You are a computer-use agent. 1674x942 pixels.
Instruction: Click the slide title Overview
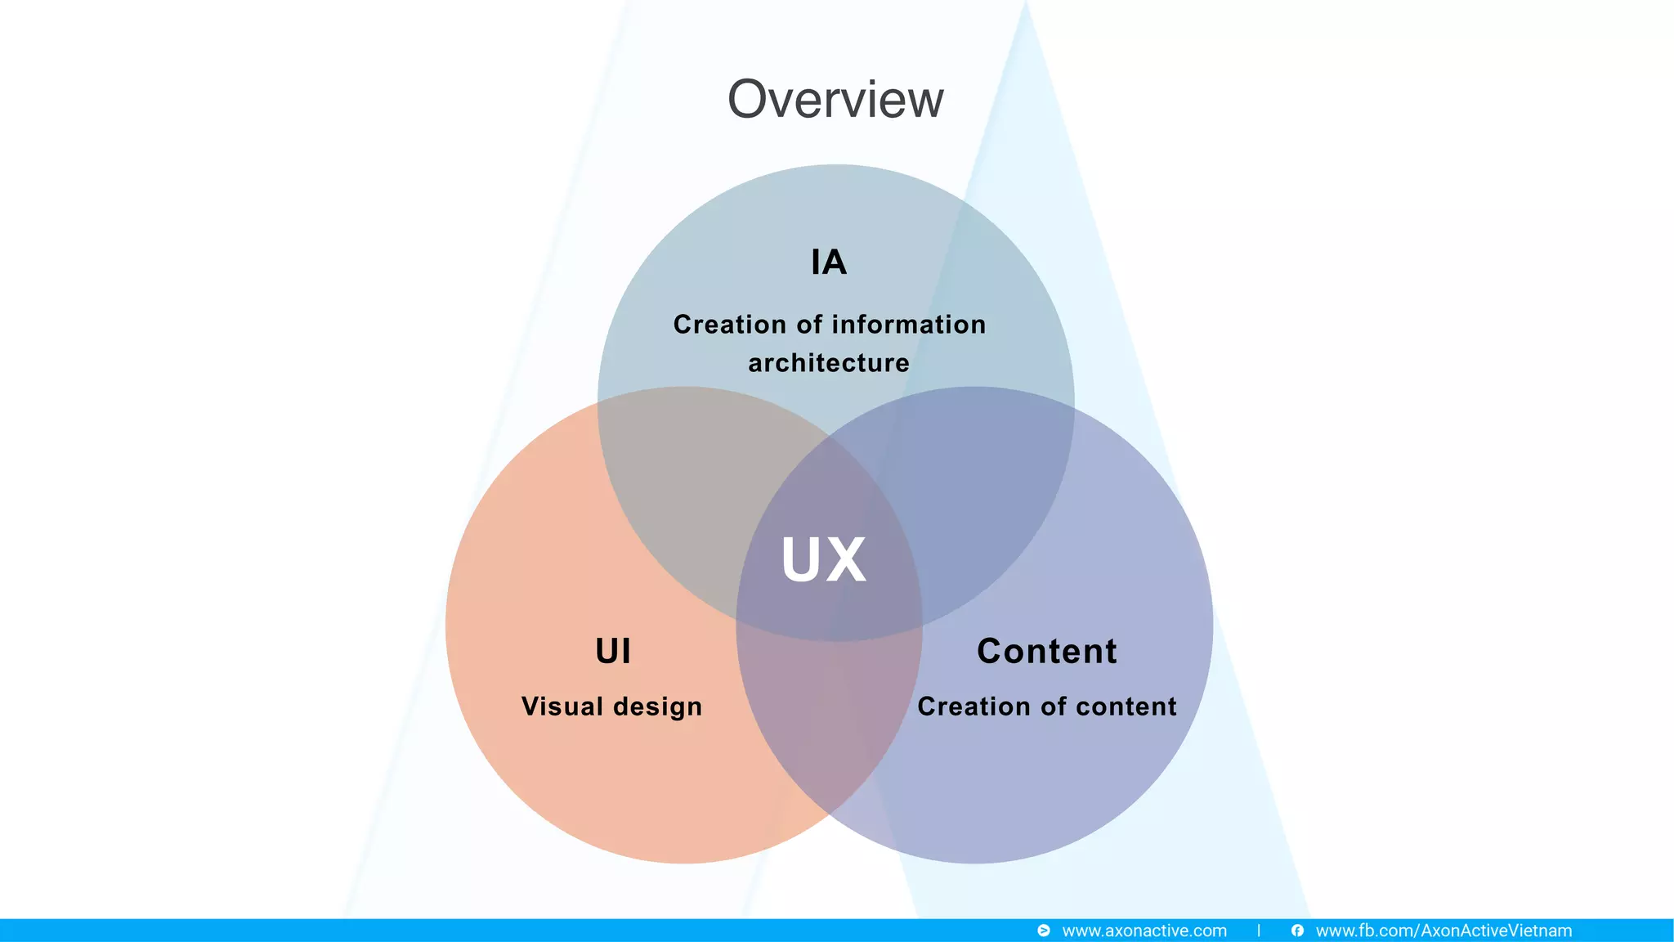(835, 100)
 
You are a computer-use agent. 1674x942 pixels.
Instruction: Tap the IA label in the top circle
(829, 262)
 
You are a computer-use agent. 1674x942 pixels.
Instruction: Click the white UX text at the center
(824, 560)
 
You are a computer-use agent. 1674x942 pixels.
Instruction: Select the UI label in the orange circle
(613, 652)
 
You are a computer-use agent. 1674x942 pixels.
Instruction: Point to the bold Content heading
(1046, 652)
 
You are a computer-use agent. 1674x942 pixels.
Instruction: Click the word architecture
(829, 363)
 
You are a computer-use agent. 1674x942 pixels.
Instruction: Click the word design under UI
(658, 707)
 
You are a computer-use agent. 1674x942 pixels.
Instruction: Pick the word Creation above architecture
(730, 325)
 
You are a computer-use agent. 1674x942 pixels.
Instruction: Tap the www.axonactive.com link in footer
(1144, 931)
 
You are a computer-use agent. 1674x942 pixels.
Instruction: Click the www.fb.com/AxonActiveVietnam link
(1443, 931)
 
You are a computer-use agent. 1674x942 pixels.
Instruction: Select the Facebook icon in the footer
(1297, 931)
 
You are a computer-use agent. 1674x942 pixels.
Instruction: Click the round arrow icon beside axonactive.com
(1044, 931)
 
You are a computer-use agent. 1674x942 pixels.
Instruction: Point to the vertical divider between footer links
(1259, 931)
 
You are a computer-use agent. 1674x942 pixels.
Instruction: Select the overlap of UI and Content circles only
(826, 720)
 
